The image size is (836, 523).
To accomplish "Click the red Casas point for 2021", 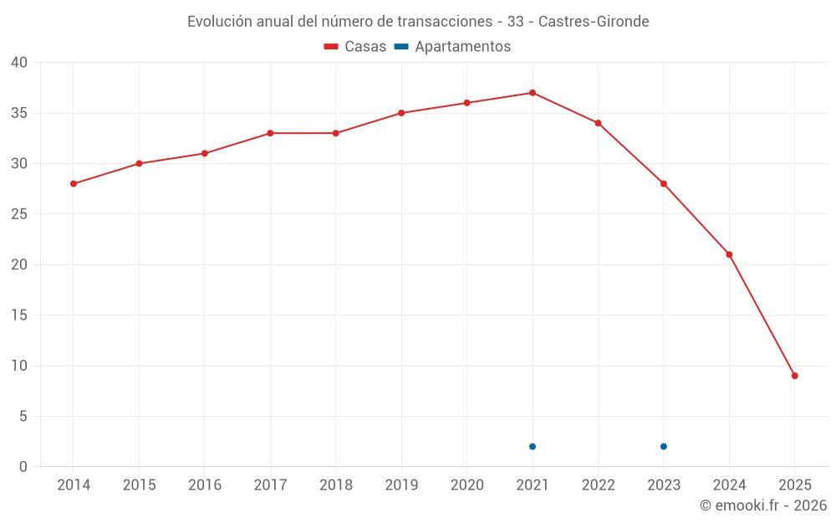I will [533, 93].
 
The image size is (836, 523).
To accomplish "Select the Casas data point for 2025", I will [794, 376].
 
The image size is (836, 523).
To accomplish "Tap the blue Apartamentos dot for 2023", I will [664, 446].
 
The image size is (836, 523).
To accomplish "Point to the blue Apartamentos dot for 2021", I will [533, 446].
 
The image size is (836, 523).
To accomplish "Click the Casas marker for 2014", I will [74, 183].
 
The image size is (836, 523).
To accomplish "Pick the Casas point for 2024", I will [729, 254].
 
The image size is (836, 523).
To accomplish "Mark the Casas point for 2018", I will [336, 133].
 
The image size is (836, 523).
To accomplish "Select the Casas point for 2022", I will [598, 123].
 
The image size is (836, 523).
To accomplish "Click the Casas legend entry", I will [355, 47].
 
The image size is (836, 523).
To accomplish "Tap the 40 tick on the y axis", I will [19, 63].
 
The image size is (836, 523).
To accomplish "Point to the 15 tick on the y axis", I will [19, 315].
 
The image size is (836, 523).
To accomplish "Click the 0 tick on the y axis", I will [23, 467].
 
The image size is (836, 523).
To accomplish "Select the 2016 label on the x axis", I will [205, 485].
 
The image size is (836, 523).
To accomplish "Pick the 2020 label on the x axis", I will [467, 485].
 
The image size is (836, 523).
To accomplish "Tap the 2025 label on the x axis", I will [794, 485].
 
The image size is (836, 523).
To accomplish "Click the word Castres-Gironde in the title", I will [594, 22].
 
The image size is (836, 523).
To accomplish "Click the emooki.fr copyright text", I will [762, 505].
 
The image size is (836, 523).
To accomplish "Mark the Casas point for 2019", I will [401, 113].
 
